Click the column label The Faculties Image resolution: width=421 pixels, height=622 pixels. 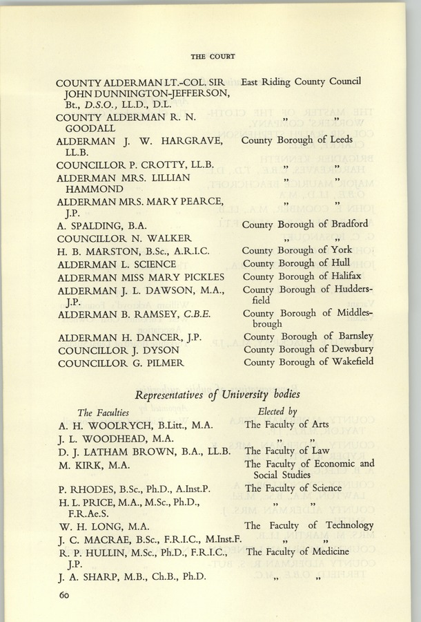104,412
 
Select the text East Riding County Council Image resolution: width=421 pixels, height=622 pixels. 301,82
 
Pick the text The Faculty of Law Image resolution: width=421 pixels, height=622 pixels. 287,451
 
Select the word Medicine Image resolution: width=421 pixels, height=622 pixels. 341,552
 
